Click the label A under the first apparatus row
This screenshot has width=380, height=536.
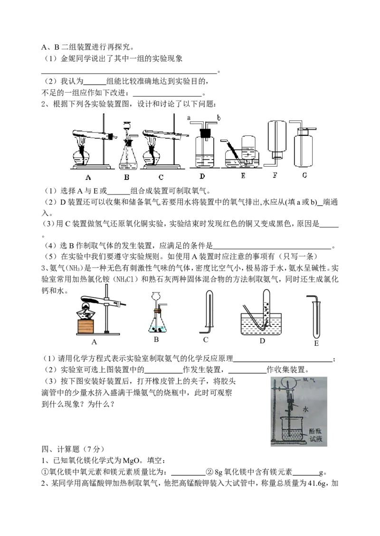click(x=88, y=177)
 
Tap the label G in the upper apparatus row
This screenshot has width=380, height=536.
click(x=304, y=175)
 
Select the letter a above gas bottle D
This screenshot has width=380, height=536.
click(x=189, y=118)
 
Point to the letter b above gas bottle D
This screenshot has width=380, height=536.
click(x=219, y=118)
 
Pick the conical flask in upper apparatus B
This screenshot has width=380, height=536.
click(x=128, y=156)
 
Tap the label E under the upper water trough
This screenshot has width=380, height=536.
click(x=243, y=176)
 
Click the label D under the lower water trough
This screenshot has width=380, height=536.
click(x=262, y=341)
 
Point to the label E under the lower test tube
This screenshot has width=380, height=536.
click(x=316, y=343)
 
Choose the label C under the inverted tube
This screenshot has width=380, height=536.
click(x=206, y=340)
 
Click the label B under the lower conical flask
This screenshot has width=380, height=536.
click(x=156, y=339)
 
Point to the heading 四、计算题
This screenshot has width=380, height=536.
click(x=60, y=449)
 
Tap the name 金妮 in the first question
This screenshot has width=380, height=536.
click(x=68, y=58)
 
